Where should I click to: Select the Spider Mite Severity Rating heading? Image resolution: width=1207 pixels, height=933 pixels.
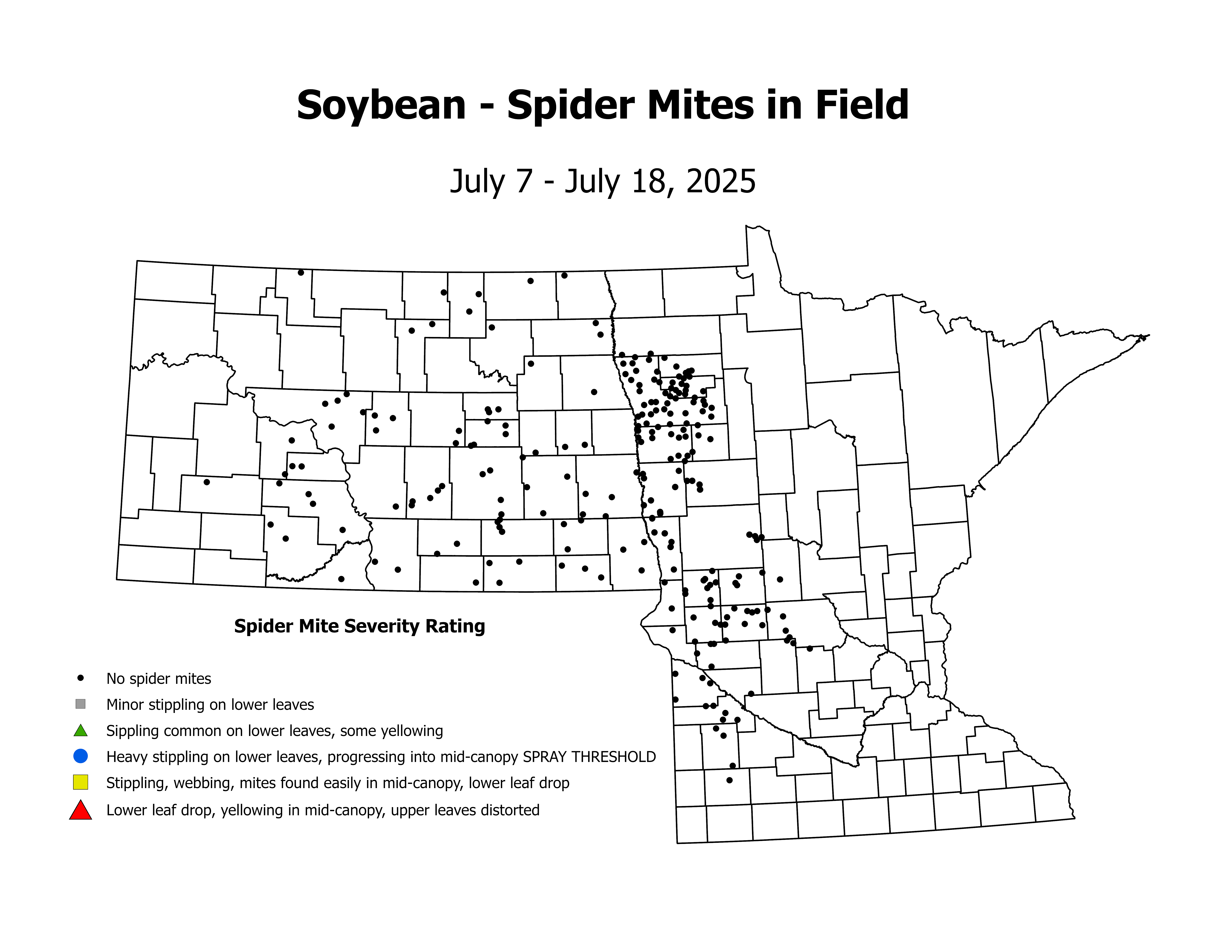point(359,626)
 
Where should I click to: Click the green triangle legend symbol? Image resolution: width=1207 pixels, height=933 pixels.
point(81,731)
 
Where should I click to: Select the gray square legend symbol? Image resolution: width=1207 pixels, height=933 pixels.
point(81,704)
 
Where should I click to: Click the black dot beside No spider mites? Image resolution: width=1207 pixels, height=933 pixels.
point(81,678)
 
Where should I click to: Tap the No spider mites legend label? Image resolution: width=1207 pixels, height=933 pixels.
point(159,679)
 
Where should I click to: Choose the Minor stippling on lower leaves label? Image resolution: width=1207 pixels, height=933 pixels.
point(210,705)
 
